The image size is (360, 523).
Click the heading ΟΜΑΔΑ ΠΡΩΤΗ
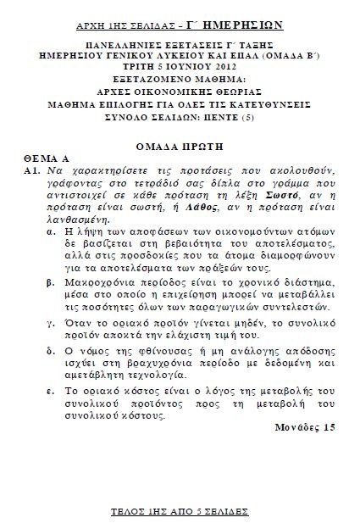click(x=180, y=144)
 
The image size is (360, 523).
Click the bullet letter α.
click(x=53, y=228)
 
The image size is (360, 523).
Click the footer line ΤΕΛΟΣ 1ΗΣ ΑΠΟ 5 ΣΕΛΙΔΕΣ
click(x=179, y=514)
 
